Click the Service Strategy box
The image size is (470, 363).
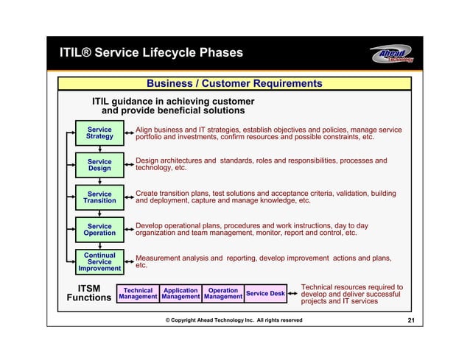point(99,133)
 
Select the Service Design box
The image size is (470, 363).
point(99,165)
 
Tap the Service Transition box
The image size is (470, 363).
point(99,197)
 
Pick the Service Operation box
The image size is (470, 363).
point(99,230)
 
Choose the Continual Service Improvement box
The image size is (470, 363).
point(99,262)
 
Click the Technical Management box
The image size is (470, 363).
point(138,295)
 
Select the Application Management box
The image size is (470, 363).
point(180,295)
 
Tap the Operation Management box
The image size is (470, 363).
point(222,295)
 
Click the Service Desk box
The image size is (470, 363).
point(265,294)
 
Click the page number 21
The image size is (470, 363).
point(410,320)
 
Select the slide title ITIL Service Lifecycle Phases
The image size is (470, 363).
point(151,53)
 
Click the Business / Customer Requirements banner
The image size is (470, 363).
point(234,83)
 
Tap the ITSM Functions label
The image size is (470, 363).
point(89,292)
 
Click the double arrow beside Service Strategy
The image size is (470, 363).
point(129,133)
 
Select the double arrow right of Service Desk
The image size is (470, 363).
point(293,294)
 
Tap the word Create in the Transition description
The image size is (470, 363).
point(147,193)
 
